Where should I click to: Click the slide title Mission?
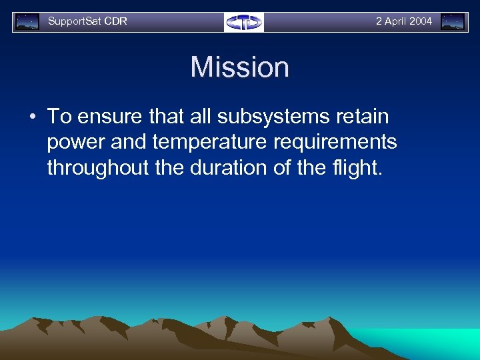[x=239, y=67]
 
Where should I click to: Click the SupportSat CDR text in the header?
[x=87, y=21]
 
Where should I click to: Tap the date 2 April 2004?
[x=403, y=21]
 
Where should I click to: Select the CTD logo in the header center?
[x=244, y=22]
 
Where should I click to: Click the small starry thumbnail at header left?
[x=27, y=22]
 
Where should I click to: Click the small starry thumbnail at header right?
[x=453, y=22]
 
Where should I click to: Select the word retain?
[x=362, y=117]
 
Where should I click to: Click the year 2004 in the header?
[x=421, y=21]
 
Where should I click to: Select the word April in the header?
[x=395, y=21]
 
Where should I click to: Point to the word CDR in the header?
[x=115, y=21]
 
